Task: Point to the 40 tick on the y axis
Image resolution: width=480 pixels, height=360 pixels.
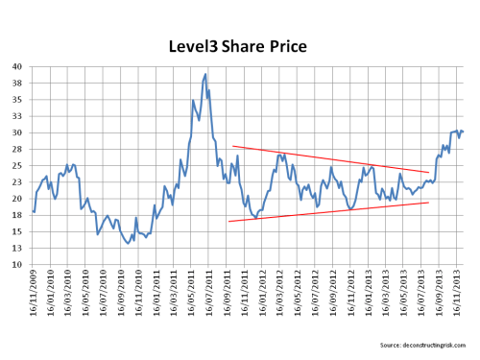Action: [x=18, y=67]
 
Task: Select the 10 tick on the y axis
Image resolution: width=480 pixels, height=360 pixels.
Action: [x=18, y=265]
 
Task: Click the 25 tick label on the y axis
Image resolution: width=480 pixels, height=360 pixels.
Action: [x=18, y=166]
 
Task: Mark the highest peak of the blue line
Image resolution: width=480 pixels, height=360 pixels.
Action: [x=205, y=73]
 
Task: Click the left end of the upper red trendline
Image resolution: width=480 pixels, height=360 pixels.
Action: [x=232, y=146]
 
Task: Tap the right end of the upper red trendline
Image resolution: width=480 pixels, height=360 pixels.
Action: [x=429, y=173]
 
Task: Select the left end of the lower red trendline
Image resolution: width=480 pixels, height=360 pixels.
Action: [x=228, y=222]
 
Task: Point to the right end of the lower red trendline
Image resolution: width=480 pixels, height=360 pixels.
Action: [x=429, y=203]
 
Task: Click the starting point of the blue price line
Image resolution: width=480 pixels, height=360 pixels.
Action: [x=34, y=211]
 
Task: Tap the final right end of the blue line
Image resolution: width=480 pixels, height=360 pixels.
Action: [x=463, y=132]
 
